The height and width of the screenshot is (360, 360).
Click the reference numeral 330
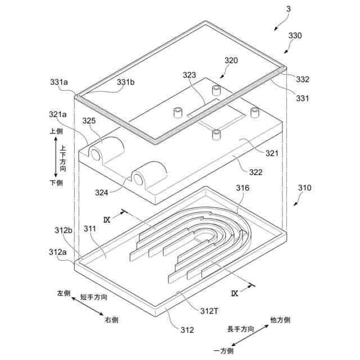(x=295, y=35)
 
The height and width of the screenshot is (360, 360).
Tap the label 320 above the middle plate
(x=231, y=60)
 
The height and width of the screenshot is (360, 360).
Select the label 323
(x=189, y=74)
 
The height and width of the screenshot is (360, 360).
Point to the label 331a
(x=58, y=82)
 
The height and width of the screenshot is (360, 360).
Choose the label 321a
(x=57, y=114)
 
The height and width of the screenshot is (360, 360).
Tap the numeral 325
(x=89, y=120)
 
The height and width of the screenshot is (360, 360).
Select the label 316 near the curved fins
(x=242, y=188)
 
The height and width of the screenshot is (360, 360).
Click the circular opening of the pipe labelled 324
(x=137, y=179)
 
